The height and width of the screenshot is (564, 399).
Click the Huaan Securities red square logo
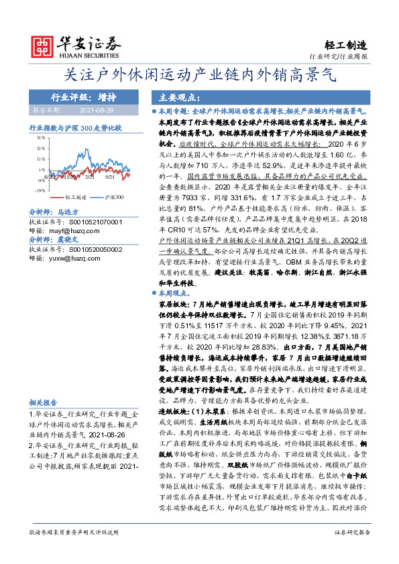point(44,45)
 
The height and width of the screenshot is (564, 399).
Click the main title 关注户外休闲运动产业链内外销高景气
point(199,76)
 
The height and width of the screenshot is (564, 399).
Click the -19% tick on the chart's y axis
point(40,190)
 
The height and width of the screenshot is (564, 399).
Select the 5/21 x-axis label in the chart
point(109,176)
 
